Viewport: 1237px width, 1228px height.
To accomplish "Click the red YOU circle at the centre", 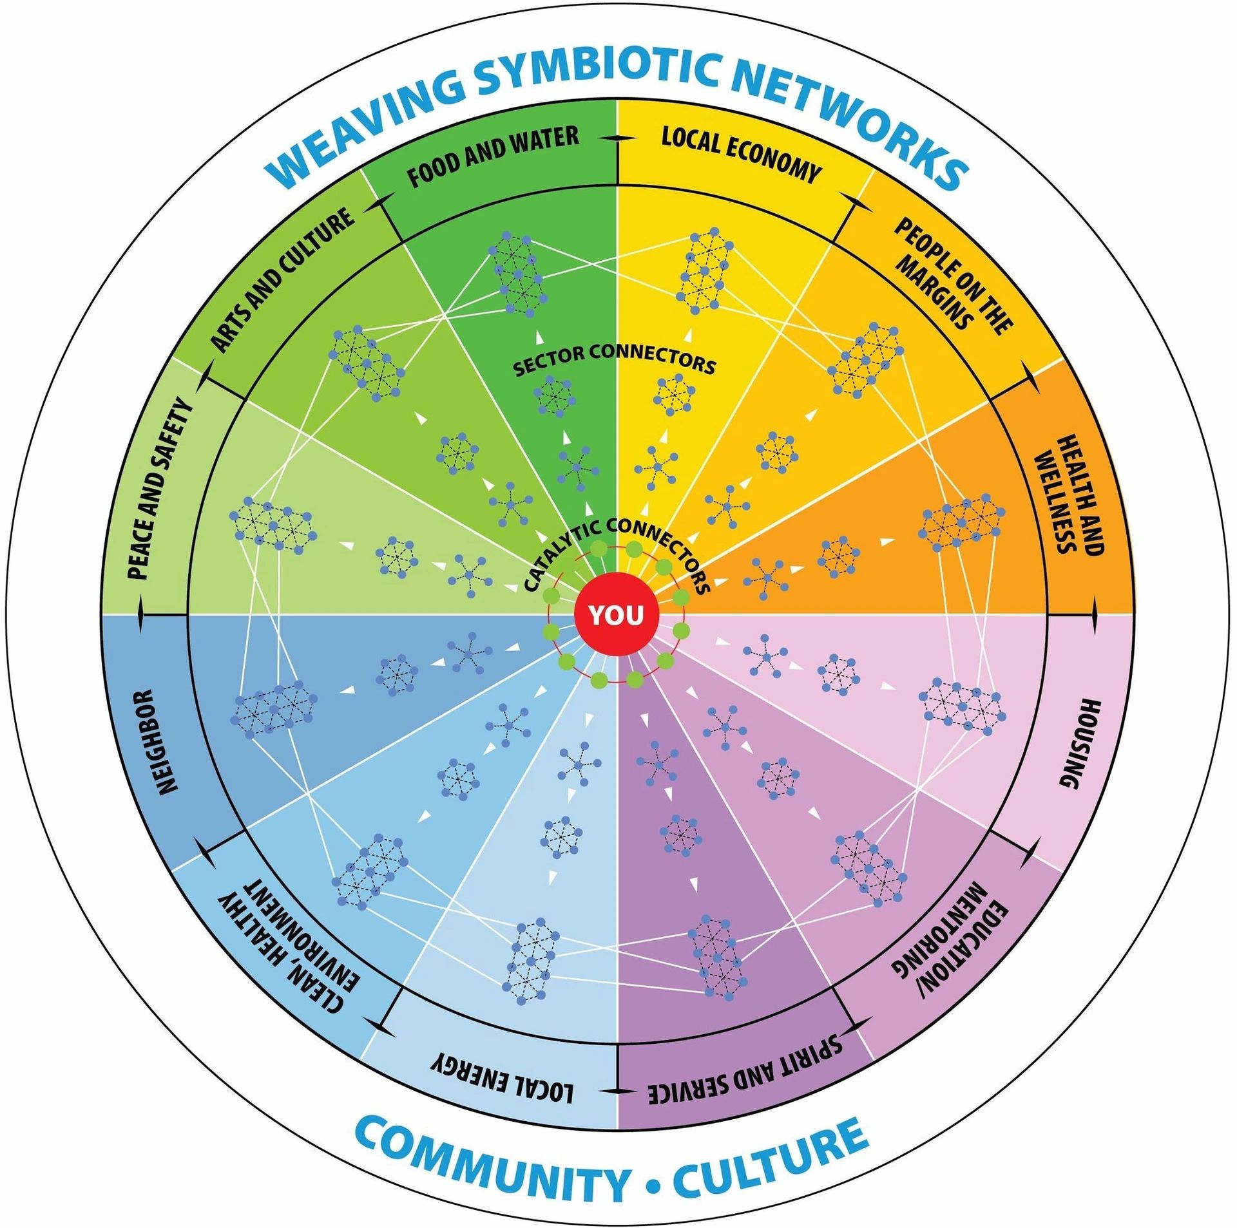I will [617, 615].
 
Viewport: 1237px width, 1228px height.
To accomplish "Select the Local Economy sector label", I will [741, 155].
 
